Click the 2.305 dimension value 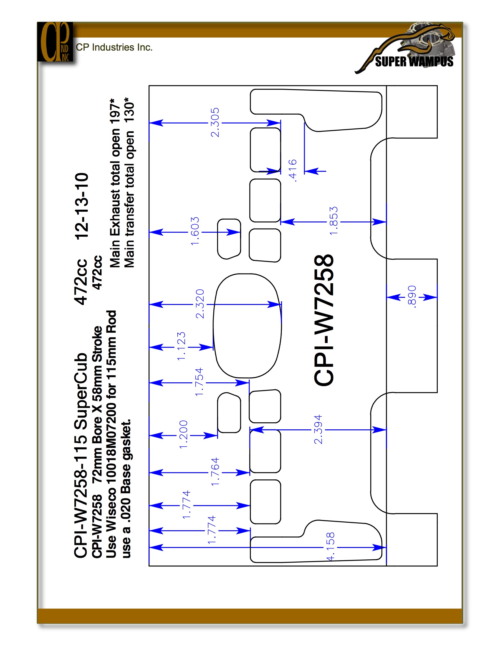[215, 122]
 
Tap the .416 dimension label [292, 170]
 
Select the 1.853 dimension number [334, 221]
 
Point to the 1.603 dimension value [195, 231]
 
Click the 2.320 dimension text [200, 304]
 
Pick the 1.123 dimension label [181, 346]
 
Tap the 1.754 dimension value [199, 381]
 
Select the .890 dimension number [412, 296]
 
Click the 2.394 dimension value [318, 429]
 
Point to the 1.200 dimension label [183, 434]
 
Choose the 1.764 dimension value [215, 472]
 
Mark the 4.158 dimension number [330, 547]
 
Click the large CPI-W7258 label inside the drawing [324, 320]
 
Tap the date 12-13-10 [81, 206]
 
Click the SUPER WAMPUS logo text [414, 62]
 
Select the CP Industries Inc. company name [114, 47]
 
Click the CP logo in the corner [55, 42]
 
